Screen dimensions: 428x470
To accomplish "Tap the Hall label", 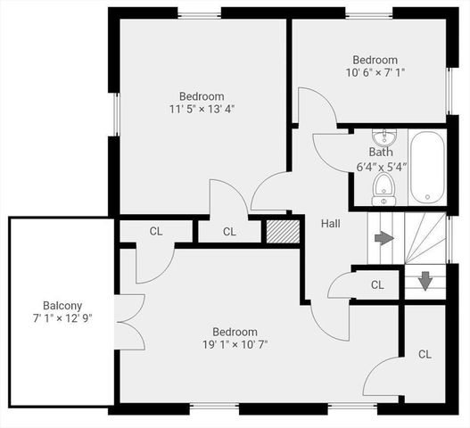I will click(x=331, y=223).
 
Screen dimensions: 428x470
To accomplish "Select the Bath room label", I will click(x=381, y=152).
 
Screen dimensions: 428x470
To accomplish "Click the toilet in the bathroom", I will click(x=384, y=188).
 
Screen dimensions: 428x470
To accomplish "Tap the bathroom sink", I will click(x=384, y=137).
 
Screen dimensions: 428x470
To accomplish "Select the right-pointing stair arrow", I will click(x=383, y=238).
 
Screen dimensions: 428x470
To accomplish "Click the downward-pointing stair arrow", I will click(x=426, y=280).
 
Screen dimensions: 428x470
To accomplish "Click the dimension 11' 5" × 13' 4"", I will click(x=202, y=109).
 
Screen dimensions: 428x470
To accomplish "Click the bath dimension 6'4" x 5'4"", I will click(x=382, y=166).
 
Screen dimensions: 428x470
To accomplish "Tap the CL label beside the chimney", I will click(x=229, y=232).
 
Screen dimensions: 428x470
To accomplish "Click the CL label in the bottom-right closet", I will click(x=425, y=354).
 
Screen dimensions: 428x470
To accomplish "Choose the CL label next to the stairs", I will click(x=377, y=285).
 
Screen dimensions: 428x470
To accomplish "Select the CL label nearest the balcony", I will click(x=156, y=232).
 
